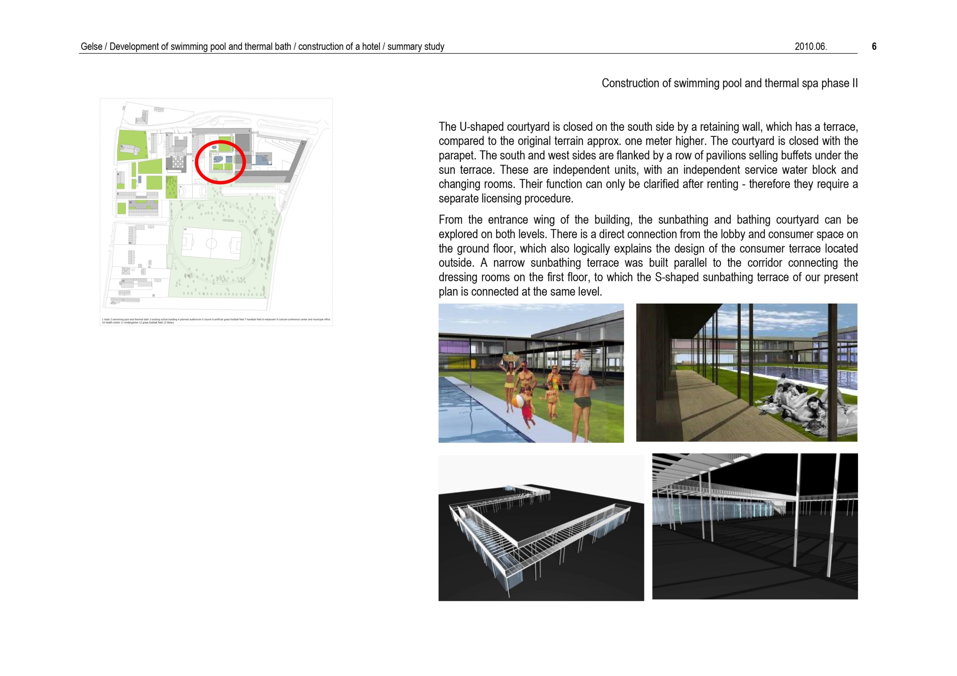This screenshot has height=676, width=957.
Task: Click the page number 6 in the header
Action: pos(874,47)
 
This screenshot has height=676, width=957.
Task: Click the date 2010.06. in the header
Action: pos(810,47)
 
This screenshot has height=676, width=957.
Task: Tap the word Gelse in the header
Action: pos(91,47)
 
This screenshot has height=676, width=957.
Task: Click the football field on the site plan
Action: pos(211,243)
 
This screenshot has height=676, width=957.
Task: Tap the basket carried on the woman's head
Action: pos(511,357)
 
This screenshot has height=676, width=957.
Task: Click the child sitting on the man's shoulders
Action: pos(581,363)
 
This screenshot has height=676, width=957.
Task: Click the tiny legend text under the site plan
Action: pos(215,321)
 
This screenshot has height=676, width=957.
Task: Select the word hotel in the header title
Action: pos(370,47)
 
